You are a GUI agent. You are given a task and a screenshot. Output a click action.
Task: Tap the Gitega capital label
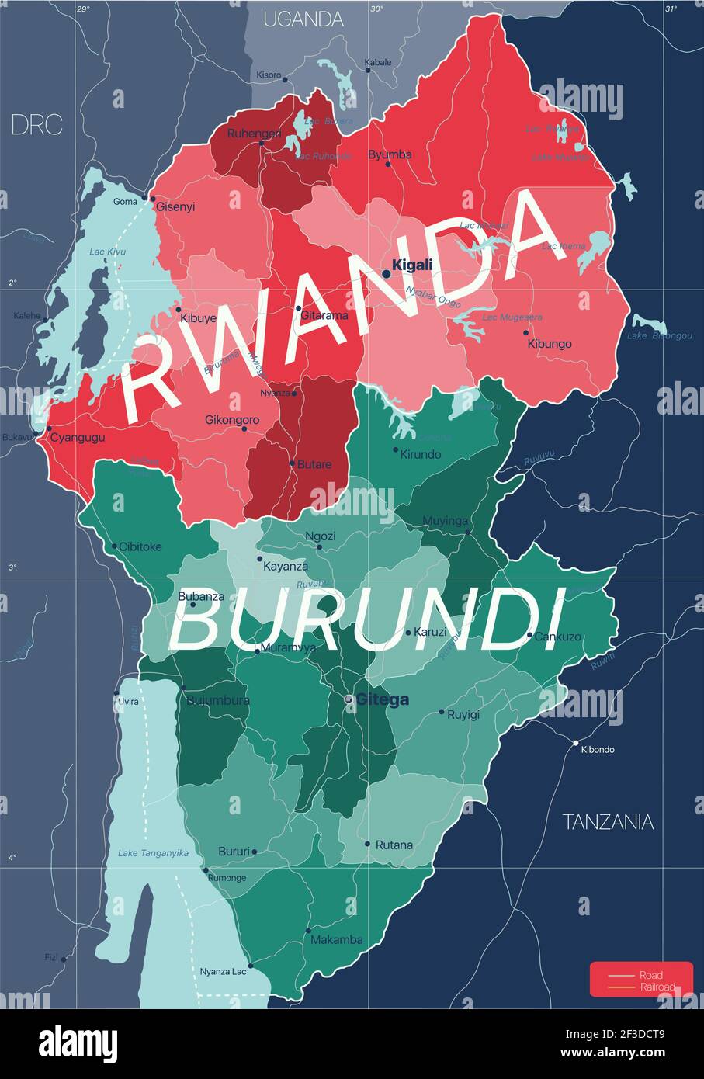coord(382,699)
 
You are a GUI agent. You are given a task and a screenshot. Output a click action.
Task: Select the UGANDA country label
coord(303,19)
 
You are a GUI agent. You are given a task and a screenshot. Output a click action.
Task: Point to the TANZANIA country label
coord(608,821)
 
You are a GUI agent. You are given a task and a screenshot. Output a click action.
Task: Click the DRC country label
coord(36,125)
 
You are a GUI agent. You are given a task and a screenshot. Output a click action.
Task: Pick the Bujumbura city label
coord(218,700)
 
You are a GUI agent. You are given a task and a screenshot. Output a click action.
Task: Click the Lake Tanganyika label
coord(153,853)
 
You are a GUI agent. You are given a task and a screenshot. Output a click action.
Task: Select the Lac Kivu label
coord(107,252)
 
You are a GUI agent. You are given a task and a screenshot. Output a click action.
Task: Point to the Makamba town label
coord(336,940)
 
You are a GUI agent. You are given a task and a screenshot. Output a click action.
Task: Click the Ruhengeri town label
coord(254,134)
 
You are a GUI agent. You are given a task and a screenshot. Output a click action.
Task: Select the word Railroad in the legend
coord(657,987)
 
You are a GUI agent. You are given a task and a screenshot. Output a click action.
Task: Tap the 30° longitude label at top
coord(376,9)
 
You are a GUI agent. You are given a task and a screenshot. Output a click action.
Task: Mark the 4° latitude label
coord(12,858)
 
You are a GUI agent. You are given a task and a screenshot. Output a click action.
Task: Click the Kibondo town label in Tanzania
coord(597,750)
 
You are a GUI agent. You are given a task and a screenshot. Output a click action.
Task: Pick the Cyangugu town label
coord(78,437)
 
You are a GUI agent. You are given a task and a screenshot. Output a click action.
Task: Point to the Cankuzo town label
coord(557,637)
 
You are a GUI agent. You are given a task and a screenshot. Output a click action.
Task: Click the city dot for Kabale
coord(368,71)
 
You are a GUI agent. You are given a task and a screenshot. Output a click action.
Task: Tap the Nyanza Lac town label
coord(223,971)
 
